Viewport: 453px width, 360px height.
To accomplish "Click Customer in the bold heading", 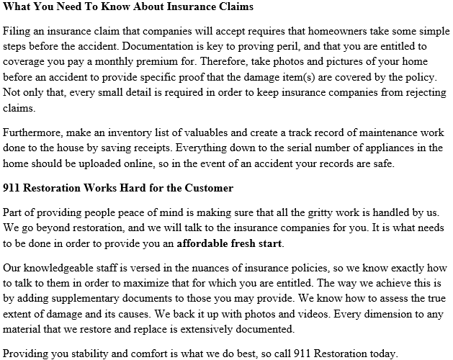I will point(206,189).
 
